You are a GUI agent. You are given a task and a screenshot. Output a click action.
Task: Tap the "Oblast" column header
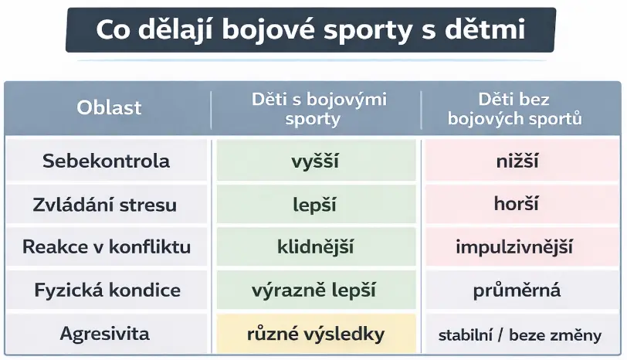(109, 107)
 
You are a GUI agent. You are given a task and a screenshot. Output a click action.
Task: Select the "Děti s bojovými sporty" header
(319, 109)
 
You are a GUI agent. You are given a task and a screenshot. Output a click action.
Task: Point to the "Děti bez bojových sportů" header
(514, 109)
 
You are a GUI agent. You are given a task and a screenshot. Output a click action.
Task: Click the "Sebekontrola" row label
(106, 161)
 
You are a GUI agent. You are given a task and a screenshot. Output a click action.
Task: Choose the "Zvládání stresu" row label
(105, 205)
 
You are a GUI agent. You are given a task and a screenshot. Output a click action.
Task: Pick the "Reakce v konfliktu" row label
(107, 246)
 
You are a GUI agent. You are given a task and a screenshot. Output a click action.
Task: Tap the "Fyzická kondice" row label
(107, 290)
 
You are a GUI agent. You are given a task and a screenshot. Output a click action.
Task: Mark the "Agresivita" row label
(104, 334)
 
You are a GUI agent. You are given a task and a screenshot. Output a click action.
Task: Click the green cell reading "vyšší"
(316, 161)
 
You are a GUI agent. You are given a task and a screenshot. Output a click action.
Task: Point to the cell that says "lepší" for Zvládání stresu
(316, 204)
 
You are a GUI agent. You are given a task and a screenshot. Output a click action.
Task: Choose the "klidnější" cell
(316, 246)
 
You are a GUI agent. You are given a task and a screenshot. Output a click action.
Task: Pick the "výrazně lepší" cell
(316, 290)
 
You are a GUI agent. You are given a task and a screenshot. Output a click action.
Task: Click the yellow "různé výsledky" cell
(316, 334)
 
